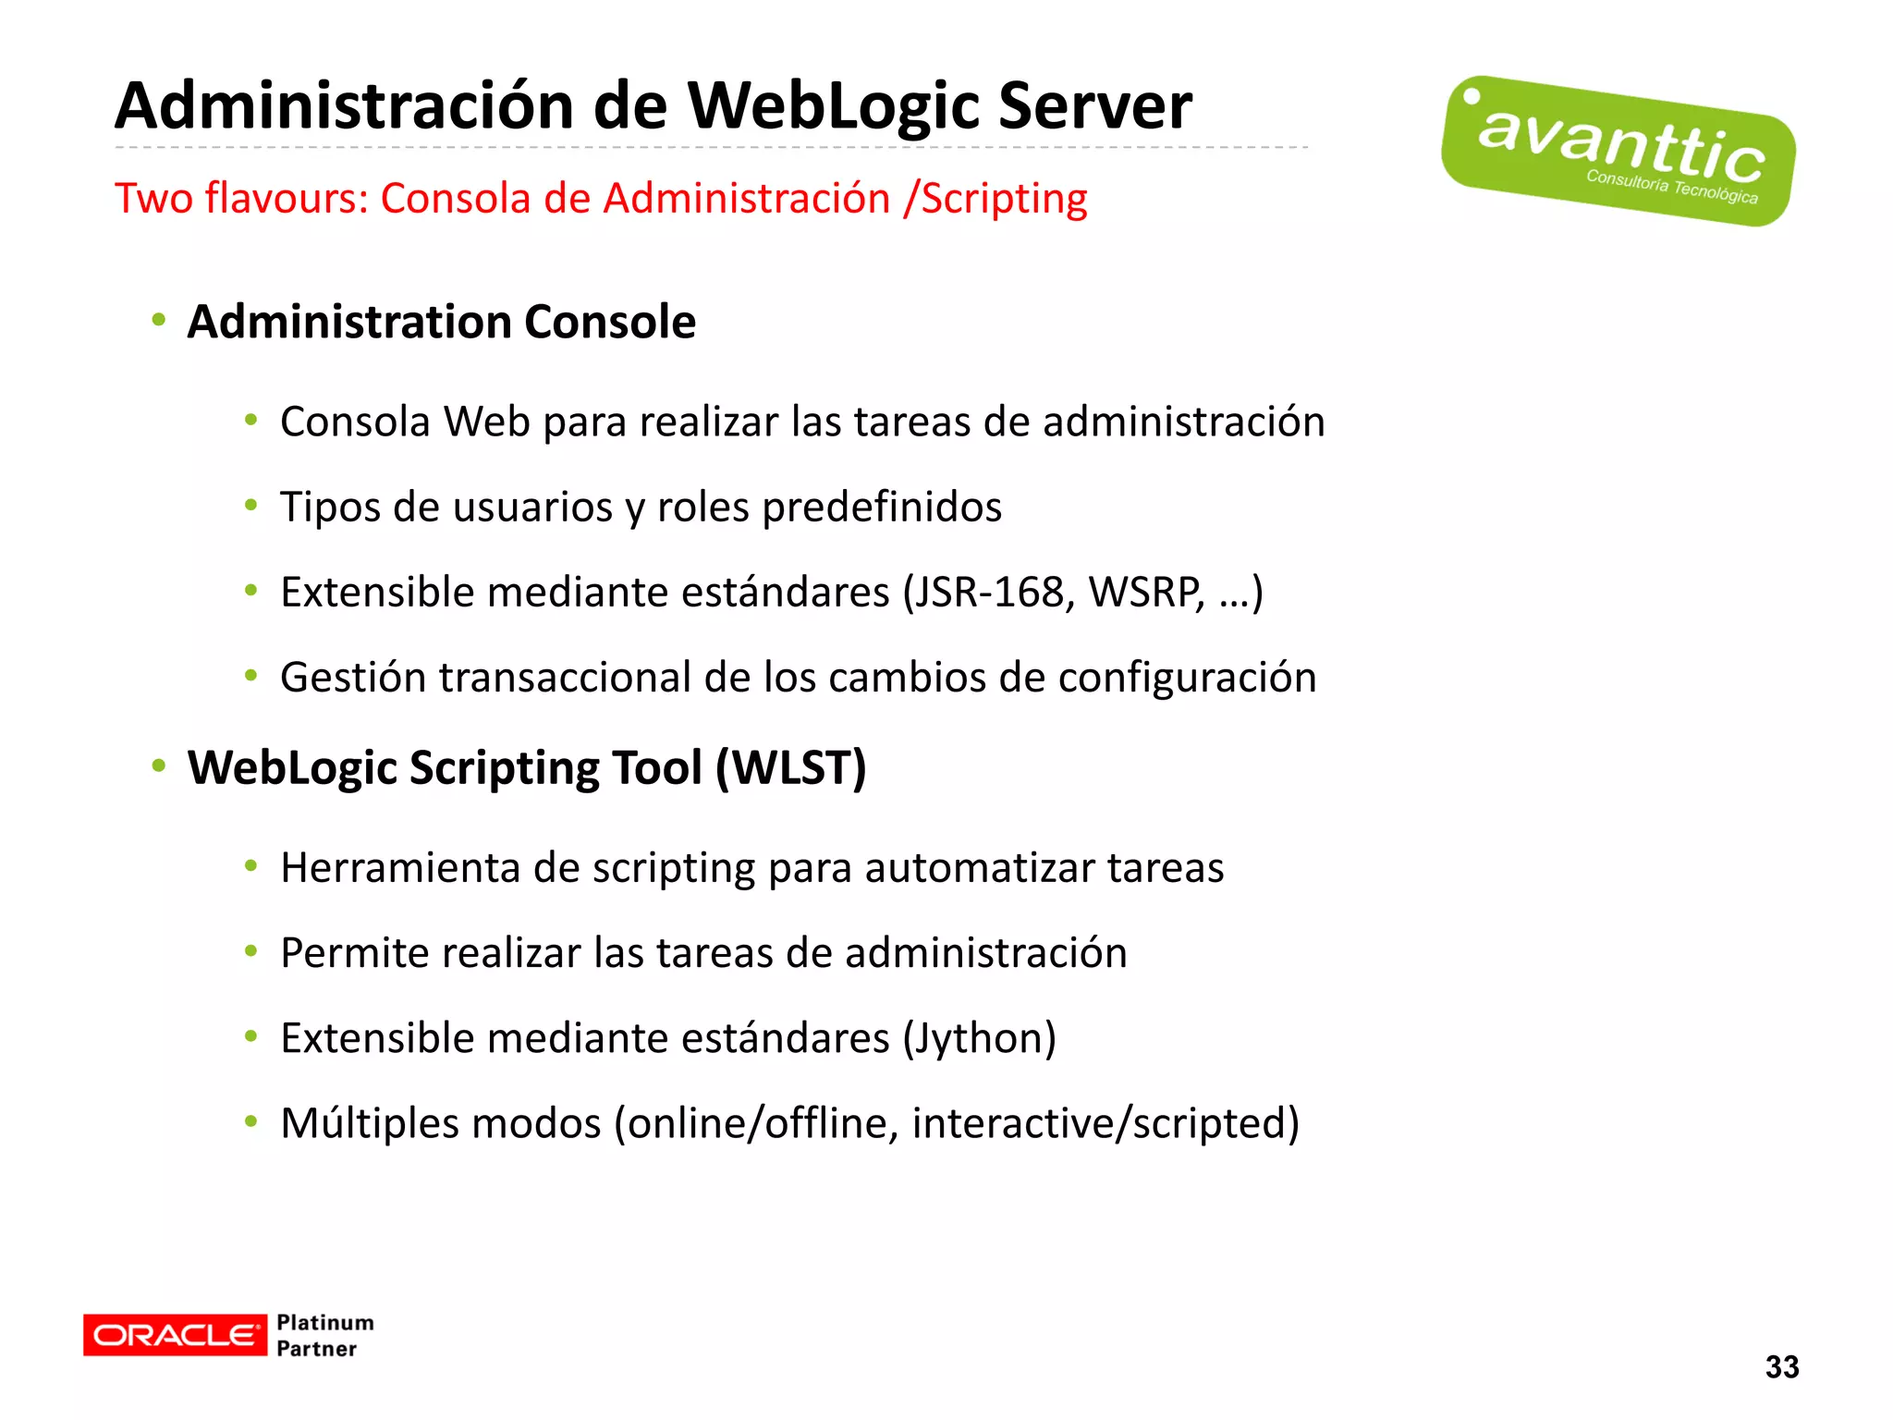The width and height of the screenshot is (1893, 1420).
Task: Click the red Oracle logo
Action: (x=175, y=1335)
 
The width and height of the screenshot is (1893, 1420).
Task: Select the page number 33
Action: (x=1781, y=1367)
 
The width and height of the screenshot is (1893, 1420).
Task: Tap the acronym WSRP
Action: (x=1146, y=593)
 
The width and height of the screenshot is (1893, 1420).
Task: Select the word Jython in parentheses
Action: (x=979, y=1038)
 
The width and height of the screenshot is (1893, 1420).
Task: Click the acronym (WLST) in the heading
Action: (x=791, y=768)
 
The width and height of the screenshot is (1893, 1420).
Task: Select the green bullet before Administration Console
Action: (x=159, y=321)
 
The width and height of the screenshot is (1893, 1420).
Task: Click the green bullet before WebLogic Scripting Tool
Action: (x=159, y=766)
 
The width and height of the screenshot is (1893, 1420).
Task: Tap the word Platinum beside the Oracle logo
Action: (x=325, y=1323)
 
